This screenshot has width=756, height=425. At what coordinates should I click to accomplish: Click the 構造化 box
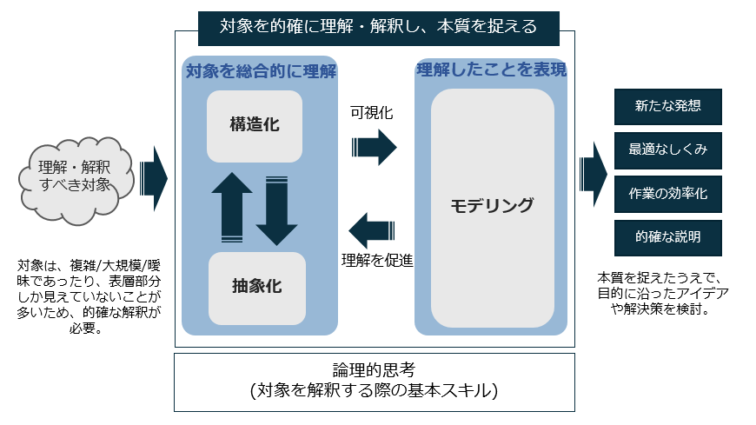coord(255,125)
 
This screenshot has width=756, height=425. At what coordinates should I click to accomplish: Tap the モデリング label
coord(492,206)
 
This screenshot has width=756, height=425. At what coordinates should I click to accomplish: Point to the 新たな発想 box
coord(667,106)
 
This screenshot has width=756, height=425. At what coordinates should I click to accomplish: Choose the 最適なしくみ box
coord(667,149)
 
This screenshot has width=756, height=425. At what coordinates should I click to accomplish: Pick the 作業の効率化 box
coord(667,193)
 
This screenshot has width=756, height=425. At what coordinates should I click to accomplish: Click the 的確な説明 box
coord(667,236)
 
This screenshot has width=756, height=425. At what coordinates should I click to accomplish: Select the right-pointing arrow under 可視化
coord(374,147)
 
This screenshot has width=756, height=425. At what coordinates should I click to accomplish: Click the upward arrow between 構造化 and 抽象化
coord(232,206)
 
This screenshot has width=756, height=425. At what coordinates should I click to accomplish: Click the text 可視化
coord(372,113)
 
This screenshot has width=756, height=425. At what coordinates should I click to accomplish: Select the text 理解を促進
coord(376,259)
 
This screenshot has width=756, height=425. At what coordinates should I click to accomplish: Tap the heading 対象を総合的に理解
coord(261,70)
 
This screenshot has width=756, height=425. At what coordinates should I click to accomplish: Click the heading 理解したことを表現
coord(492,70)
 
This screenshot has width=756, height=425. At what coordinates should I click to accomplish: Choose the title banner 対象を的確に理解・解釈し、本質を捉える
coord(378,26)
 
